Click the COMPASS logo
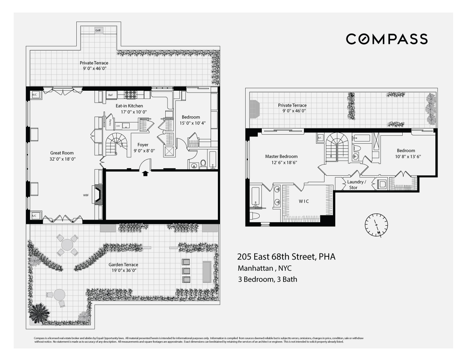(387, 39)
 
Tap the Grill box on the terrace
(98, 31)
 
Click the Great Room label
(62, 153)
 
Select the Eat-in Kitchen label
(129, 106)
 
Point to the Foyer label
(143, 145)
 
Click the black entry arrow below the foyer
(145, 174)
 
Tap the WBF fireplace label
(86, 195)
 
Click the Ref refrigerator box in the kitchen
(110, 95)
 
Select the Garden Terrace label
(123, 265)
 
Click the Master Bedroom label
(281, 156)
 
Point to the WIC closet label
(304, 201)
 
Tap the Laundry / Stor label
(357, 185)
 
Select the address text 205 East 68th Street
(286, 257)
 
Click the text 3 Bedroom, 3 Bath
(267, 279)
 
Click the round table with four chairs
(67, 245)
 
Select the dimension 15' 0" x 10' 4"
(191, 123)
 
